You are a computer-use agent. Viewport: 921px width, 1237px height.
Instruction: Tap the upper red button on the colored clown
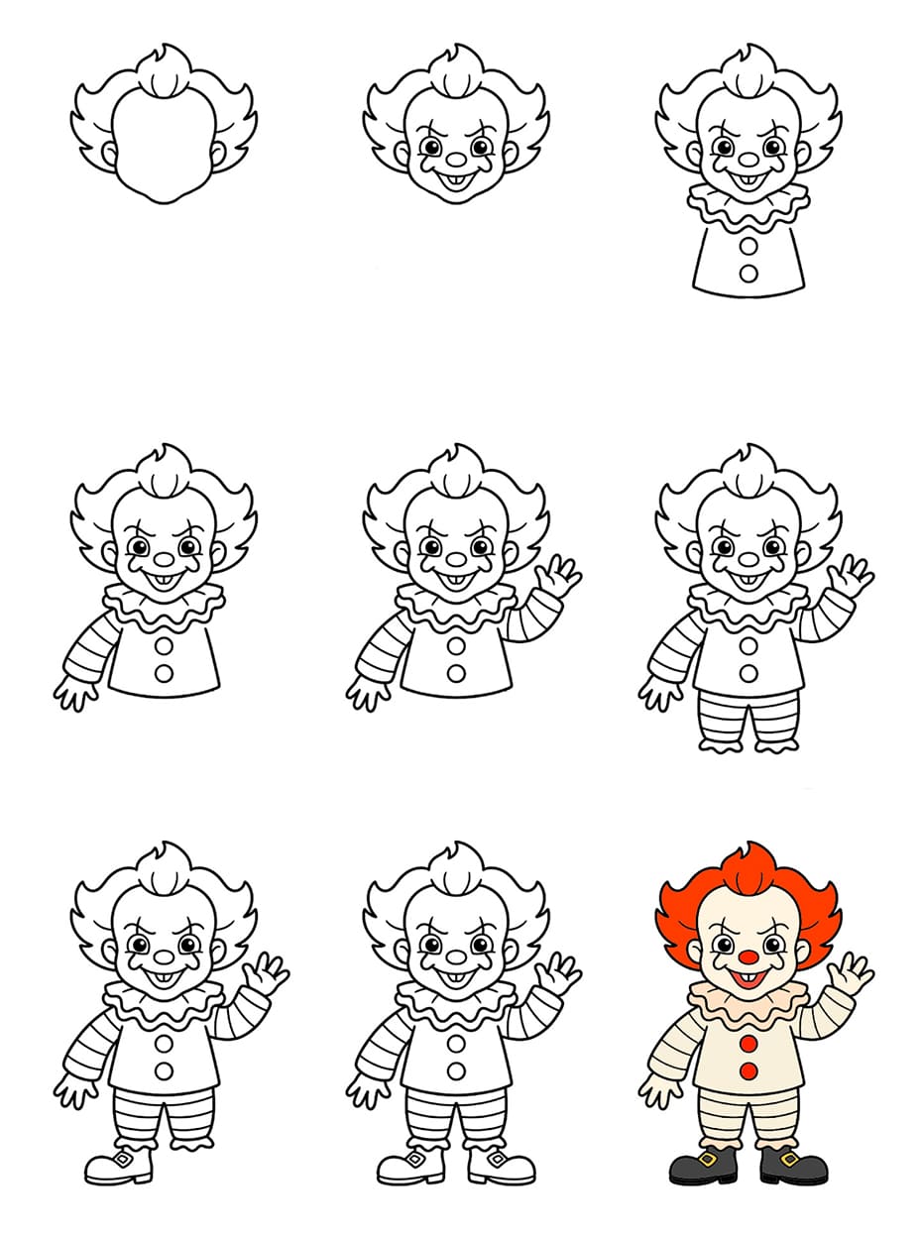coord(749,1045)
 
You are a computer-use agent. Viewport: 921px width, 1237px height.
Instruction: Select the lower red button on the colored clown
coord(749,1071)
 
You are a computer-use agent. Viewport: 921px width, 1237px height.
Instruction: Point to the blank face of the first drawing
coord(164,144)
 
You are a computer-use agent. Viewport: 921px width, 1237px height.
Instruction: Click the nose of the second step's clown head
coord(456,159)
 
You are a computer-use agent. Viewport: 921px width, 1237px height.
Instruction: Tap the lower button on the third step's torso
coord(749,273)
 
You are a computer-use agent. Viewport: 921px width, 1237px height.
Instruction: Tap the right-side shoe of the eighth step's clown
coord(501,1166)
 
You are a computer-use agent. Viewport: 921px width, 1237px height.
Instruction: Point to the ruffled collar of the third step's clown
coord(748,206)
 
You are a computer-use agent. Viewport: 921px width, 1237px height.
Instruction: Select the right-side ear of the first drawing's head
coord(218,154)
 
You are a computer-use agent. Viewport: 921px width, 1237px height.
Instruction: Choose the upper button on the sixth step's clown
coord(749,645)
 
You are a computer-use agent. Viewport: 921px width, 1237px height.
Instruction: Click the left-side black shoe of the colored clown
coord(703,1167)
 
